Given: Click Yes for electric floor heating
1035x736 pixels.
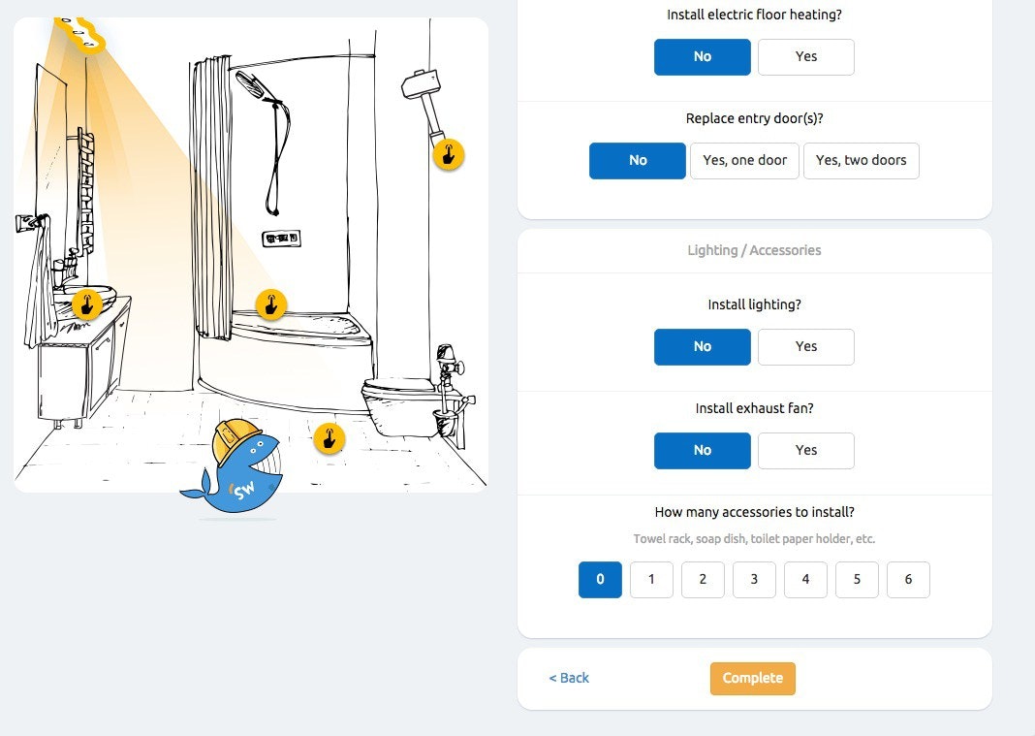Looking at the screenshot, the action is pyautogui.click(x=806, y=57).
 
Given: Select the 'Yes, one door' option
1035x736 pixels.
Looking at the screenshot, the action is pyautogui.click(x=744, y=161).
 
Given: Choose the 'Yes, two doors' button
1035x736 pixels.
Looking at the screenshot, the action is pyautogui.click(x=861, y=161).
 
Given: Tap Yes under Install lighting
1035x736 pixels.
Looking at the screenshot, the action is pyautogui.click(x=806, y=347).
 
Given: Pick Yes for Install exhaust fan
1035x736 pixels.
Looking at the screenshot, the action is pyautogui.click(x=806, y=451).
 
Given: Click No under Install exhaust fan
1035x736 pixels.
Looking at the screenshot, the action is pyautogui.click(x=703, y=451).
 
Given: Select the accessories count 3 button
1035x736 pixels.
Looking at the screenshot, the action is pyautogui.click(x=754, y=580).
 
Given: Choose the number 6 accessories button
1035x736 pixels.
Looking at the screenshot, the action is pyautogui.click(x=908, y=580).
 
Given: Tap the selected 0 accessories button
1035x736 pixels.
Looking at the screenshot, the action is pyautogui.click(x=600, y=580).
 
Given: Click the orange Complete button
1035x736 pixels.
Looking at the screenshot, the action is pyautogui.click(x=752, y=679).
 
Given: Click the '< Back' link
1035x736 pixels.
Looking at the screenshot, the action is pyautogui.click(x=569, y=678).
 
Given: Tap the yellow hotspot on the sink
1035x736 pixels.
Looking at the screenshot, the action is pyautogui.click(x=86, y=304).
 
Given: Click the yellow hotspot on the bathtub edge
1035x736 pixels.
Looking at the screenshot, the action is pyautogui.click(x=270, y=305).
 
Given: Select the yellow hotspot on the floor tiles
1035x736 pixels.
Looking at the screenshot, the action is pyautogui.click(x=329, y=438).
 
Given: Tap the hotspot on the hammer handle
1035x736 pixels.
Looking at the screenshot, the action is pyautogui.click(x=448, y=155).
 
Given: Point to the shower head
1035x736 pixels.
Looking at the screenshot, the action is pyautogui.click(x=250, y=84).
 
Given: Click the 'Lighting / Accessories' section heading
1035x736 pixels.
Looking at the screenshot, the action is pyautogui.click(x=755, y=250).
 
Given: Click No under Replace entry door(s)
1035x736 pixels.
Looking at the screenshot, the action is pyautogui.click(x=638, y=161).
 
